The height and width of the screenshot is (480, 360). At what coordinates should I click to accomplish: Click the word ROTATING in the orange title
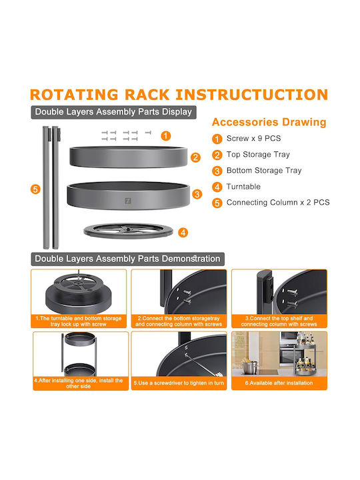[74, 95]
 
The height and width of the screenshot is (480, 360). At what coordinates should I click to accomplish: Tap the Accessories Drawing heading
[269, 122]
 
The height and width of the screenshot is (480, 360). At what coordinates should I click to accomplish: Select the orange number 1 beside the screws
[165, 135]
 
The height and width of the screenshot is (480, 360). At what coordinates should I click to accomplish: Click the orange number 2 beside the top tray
[195, 157]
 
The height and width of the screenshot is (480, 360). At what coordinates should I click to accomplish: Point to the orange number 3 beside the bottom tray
[197, 194]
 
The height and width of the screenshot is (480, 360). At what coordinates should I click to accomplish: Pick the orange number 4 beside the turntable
[183, 233]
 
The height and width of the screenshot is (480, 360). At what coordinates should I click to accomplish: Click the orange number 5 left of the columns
[35, 189]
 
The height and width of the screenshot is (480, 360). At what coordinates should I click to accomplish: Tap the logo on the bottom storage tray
[128, 201]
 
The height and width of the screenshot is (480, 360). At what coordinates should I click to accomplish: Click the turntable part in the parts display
[128, 231]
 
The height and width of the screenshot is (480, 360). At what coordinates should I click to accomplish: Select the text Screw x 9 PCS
[253, 139]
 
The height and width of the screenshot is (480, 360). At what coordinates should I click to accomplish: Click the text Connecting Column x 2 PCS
[278, 203]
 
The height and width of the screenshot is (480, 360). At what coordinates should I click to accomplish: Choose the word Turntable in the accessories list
[243, 187]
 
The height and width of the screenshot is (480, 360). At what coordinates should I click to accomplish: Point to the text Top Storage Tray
[258, 155]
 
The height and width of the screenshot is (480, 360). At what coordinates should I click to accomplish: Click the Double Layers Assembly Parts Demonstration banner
[127, 259]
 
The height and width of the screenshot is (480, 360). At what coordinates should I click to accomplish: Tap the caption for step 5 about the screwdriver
[179, 383]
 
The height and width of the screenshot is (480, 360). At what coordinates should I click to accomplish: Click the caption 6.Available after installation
[279, 383]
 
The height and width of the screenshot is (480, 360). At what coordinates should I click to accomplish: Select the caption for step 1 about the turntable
[79, 321]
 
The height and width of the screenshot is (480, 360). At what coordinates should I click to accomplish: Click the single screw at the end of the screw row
[148, 133]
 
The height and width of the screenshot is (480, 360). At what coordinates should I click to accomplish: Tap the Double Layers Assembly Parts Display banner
[113, 112]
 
